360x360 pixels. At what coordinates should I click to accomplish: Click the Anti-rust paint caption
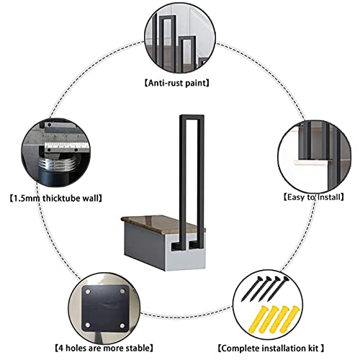click(177, 83)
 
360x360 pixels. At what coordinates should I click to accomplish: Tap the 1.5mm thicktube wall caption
click(56, 198)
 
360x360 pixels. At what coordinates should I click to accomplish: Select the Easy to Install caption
click(314, 197)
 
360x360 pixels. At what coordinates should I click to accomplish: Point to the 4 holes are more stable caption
click(104, 348)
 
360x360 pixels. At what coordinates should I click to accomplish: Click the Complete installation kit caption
click(271, 348)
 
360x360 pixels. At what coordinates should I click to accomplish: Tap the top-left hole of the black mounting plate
click(88, 292)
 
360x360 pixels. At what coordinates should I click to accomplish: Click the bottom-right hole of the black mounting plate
click(122, 325)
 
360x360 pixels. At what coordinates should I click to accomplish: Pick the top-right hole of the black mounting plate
click(122, 292)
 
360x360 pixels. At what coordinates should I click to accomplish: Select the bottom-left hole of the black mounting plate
click(88, 325)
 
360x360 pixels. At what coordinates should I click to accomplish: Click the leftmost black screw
click(251, 289)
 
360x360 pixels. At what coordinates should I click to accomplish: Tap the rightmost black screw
click(278, 289)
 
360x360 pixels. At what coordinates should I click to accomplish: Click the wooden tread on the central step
click(163, 224)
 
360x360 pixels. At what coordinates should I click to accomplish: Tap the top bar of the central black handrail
click(192, 117)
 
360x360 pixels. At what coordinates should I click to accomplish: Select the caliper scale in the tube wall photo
click(67, 145)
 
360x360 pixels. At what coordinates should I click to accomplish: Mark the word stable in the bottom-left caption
click(137, 348)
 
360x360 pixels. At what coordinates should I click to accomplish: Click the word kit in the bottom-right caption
click(314, 348)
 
